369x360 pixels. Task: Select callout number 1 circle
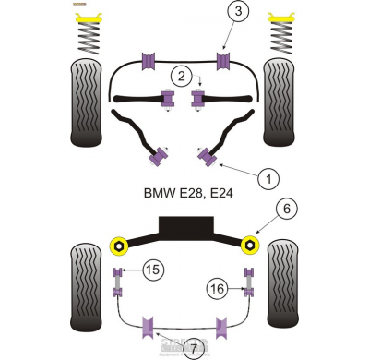267,177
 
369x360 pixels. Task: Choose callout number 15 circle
151,270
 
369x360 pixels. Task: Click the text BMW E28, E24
186,195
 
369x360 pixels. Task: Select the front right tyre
281,102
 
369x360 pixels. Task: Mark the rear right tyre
282,288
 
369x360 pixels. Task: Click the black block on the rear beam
184,226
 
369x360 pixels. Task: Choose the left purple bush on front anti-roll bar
149,62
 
